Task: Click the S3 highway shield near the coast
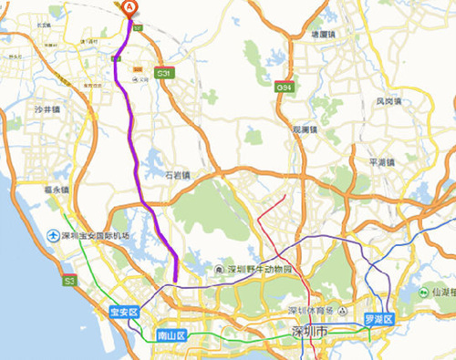pos(69,283)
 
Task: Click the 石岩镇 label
pos(177,174)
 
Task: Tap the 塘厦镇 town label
pos(326,34)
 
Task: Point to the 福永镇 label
pos(57,190)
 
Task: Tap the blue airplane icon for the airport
pos(54,236)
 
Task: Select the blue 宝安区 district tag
pos(122,313)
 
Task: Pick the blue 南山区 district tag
pos(171,334)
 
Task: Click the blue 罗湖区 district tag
pos(378,319)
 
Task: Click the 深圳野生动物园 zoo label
pos(258,271)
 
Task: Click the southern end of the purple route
pos(175,280)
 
